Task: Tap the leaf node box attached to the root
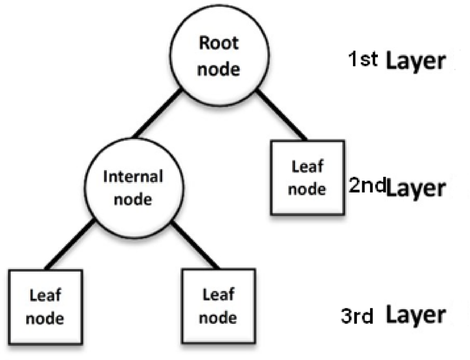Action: coord(307,178)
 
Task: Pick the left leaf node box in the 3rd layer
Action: coord(45,306)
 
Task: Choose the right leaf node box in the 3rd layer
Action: coord(219,306)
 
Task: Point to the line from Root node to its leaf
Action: coord(281,115)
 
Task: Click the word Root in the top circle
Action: coord(219,43)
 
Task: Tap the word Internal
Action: coord(133,176)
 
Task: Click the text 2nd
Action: coord(367,185)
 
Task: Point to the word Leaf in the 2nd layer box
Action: coord(307,167)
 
